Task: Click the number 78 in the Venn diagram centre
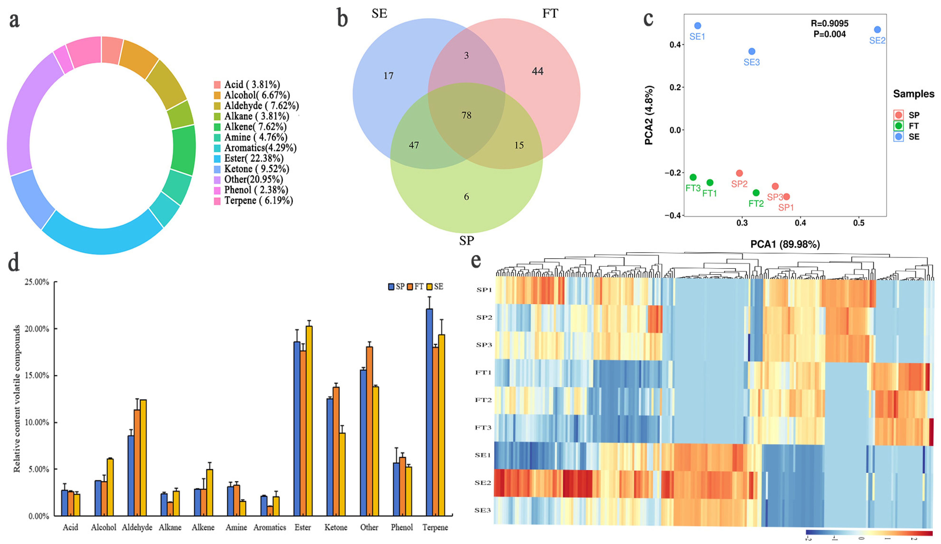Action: [466, 115]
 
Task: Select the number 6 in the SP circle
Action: [466, 197]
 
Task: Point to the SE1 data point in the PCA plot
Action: [697, 26]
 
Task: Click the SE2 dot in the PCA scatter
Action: [877, 30]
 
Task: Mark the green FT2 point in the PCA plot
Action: [756, 193]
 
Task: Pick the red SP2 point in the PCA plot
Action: [739, 173]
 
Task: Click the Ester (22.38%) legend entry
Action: [253, 158]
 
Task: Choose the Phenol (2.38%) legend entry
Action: [255, 190]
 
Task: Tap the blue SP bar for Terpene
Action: [429, 411]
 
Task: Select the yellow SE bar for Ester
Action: [309, 420]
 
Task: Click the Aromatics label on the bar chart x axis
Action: [270, 527]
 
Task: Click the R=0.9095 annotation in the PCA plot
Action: [829, 23]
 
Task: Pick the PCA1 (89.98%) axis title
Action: [785, 244]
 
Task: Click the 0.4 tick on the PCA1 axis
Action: [800, 223]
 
